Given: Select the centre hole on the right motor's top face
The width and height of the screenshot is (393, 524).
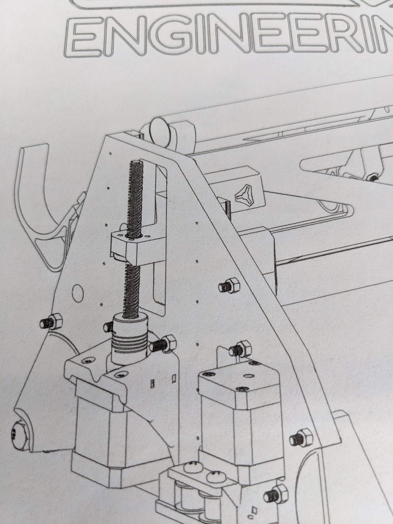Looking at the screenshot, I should (x=248, y=376).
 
